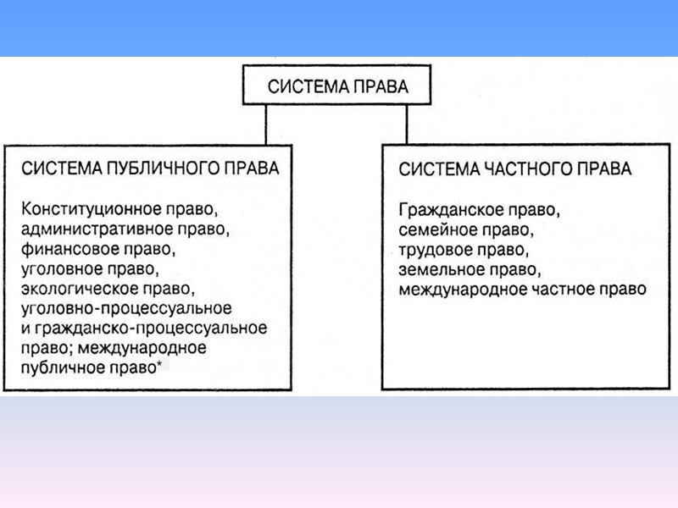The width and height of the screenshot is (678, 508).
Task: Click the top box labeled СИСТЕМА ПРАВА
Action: point(337,86)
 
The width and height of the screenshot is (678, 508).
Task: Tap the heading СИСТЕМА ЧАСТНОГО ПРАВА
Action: point(514,169)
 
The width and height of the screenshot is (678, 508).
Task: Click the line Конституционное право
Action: point(116,209)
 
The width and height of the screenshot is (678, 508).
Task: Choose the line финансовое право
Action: point(99,250)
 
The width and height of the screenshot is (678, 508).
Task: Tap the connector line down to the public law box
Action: point(266,122)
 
